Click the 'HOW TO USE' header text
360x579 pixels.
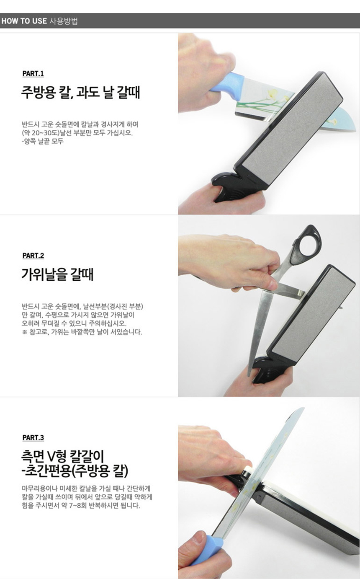pyautogui.click(x=24, y=21)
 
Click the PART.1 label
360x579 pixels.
pyautogui.click(x=33, y=74)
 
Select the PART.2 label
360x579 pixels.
pyautogui.click(x=33, y=256)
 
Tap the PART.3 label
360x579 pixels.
pyautogui.click(x=33, y=438)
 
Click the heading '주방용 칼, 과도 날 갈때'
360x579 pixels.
pyautogui.click(x=80, y=93)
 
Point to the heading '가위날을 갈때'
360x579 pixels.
pyautogui.click(x=57, y=275)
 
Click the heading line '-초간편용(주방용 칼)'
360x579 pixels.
pyautogui.click(x=75, y=472)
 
